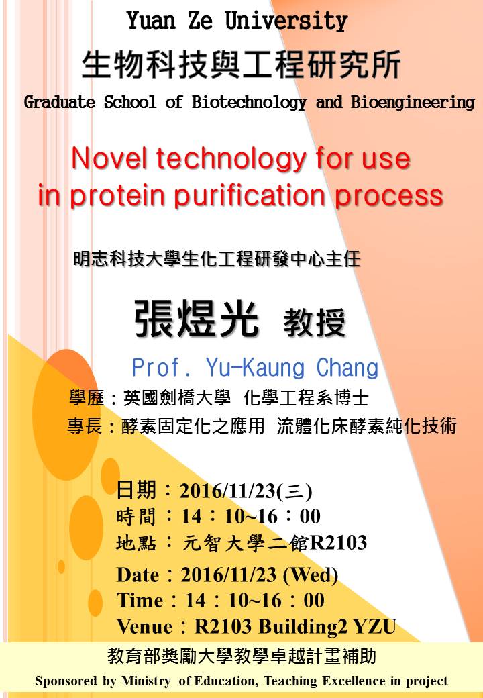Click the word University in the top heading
click(286, 21)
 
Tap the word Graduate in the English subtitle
click(60, 103)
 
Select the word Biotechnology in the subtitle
click(249, 103)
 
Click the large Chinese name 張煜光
click(196, 319)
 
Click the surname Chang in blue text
click(347, 368)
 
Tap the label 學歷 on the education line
click(87, 397)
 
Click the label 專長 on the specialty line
click(85, 426)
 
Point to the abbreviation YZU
click(374, 627)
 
